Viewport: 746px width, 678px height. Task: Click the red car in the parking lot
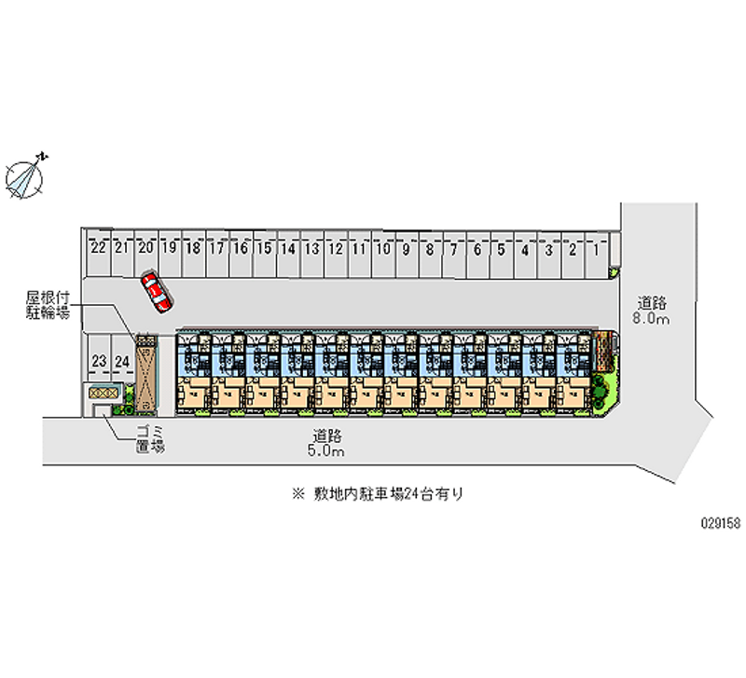coord(157,291)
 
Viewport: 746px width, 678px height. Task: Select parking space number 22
coord(97,249)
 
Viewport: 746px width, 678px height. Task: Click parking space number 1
coord(596,249)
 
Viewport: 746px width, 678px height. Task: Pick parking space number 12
coord(335,249)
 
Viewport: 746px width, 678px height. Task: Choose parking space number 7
coord(453,249)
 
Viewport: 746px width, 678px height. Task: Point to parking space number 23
coord(97,361)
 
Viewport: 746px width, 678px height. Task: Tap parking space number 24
coord(120,361)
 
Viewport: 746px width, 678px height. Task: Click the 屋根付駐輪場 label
coord(48,306)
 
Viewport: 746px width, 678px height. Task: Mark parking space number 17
coord(215,249)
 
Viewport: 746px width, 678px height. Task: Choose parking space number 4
coord(525,249)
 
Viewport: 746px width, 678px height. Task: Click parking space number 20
coord(145,249)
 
